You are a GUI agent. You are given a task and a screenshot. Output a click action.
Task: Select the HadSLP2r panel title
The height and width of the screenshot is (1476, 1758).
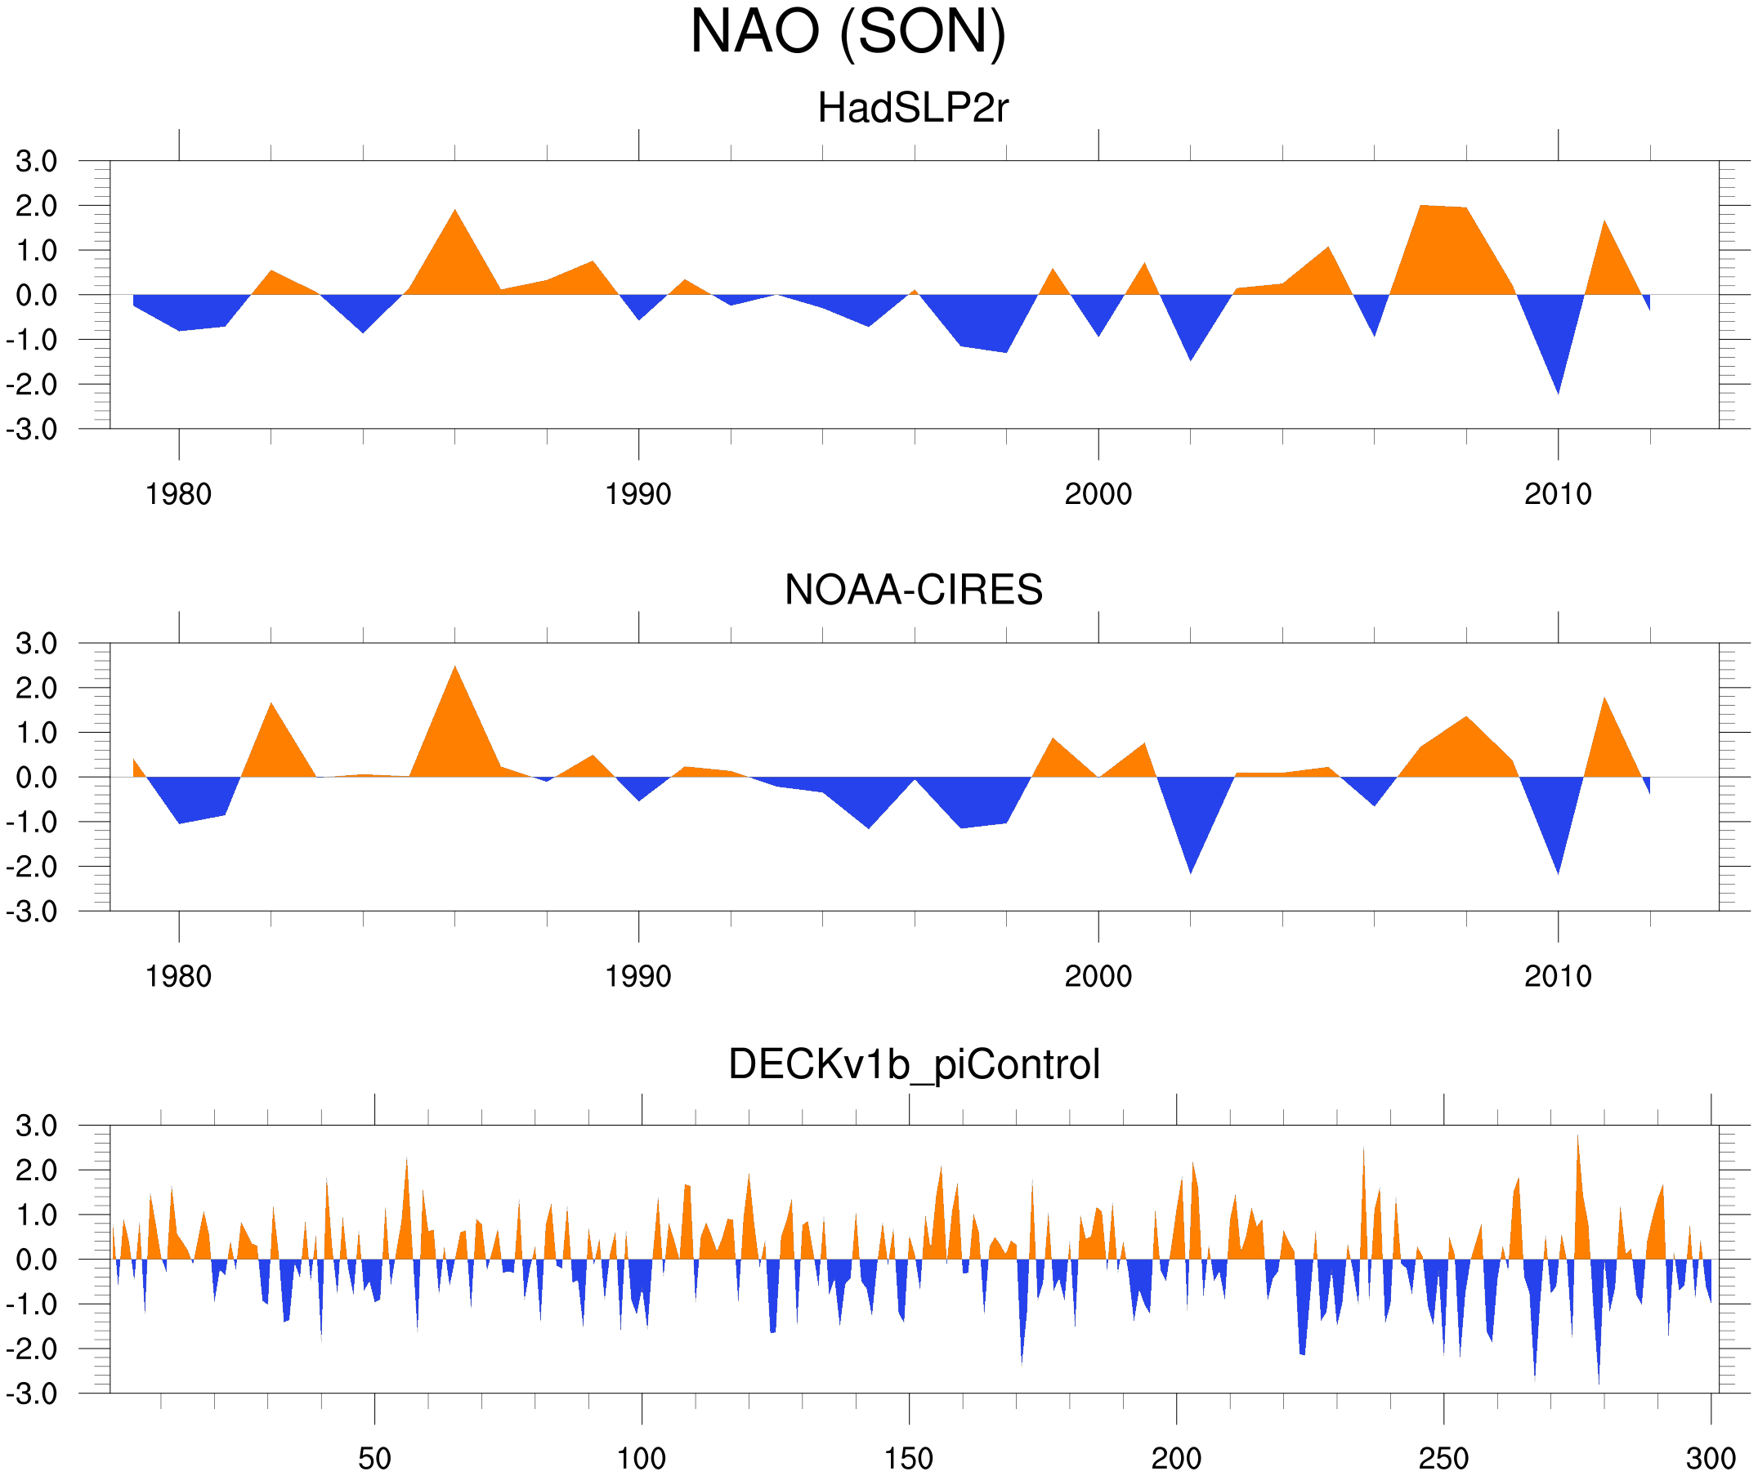[x=912, y=109]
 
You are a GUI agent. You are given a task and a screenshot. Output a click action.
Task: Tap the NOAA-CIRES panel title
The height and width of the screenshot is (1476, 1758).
[x=913, y=590]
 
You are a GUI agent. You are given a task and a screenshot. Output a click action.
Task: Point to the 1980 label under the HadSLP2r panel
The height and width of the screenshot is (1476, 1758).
[x=178, y=494]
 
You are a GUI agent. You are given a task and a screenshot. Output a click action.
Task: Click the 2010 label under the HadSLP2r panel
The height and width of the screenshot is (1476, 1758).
[x=1557, y=494]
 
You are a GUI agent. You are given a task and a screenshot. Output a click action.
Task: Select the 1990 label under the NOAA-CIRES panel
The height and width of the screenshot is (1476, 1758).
[x=638, y=976]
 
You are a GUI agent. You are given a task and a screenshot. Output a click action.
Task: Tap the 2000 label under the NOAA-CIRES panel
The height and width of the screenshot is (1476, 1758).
[x=1098, y=976]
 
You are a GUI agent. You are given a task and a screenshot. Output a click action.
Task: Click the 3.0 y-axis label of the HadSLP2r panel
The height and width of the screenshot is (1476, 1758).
[x=37, y=162]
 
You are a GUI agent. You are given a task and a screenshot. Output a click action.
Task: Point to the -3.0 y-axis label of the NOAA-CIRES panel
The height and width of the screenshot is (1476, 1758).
[x=32, y=912]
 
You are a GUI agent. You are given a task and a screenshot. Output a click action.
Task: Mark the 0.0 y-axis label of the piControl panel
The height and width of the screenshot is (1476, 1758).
[x=37, y=1260]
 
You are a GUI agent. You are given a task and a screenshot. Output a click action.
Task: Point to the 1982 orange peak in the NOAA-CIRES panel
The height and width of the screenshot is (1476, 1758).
[x=271, y=711]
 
